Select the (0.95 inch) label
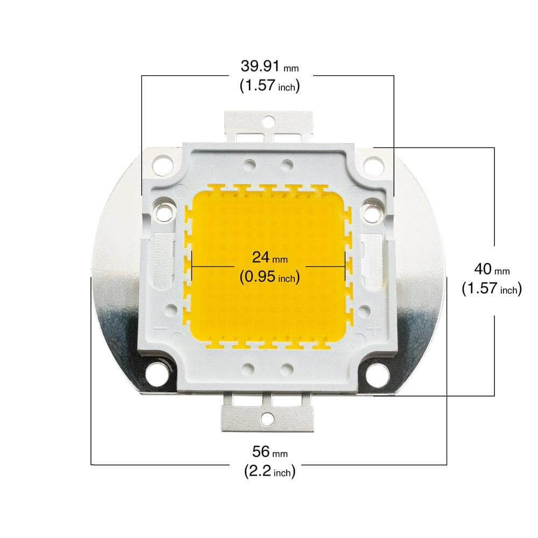click(269, 277)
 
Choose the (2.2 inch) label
click(269, 472)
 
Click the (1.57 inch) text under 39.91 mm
click(269, 86)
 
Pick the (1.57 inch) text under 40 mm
click(492, 289)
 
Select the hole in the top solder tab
click(268, 123)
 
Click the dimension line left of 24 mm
click(213, 266)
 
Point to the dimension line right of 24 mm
click(325, 266)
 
